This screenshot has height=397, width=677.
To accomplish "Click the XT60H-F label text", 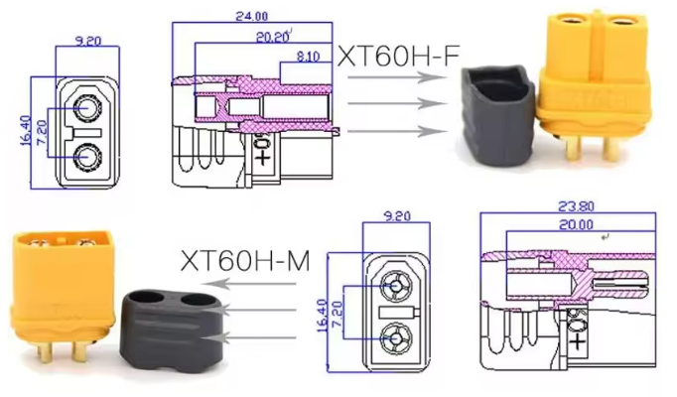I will [399, 57].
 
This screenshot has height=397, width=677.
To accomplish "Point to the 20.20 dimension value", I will [271, 37].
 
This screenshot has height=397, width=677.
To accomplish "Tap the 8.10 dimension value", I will [309, 58].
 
